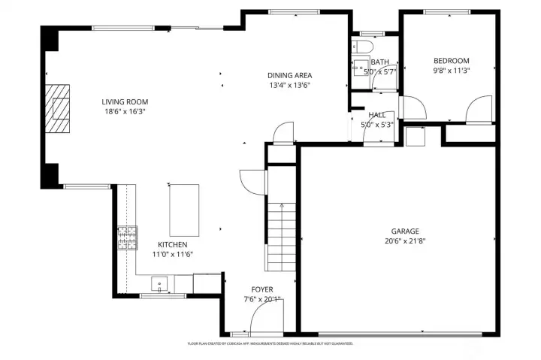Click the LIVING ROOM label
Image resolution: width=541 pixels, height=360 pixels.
coord(125,101)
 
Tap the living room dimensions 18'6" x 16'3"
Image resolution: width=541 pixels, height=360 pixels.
coord(125,111)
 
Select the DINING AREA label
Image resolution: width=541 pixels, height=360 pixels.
coord(289,75)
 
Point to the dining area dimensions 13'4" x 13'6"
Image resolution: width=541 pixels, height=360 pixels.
coord(289,85)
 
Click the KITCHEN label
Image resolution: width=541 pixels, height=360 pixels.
coord(172,245)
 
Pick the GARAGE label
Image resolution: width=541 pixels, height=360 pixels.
coord(404,231)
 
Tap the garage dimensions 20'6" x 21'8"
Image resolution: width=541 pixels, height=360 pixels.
coord(404,241)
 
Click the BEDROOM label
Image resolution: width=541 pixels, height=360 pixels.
coord(451,61)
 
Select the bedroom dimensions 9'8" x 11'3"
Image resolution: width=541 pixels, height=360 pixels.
coord(451,71)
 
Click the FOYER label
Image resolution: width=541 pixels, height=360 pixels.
coord(262,289)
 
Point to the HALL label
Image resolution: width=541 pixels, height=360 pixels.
coord(376,115)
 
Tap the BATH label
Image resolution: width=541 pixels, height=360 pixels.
coord(379,62)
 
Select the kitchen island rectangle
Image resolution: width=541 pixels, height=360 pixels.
coord(184,210)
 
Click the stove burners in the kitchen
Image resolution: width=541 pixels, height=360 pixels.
coord(127,238)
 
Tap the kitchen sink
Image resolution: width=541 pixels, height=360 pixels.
coord(159,284)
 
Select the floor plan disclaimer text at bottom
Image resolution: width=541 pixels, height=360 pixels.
coord(270,343)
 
